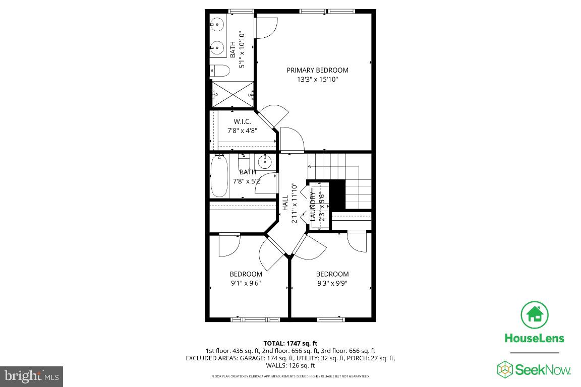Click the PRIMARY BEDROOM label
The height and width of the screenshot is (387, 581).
317,70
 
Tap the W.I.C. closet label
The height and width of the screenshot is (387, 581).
242,122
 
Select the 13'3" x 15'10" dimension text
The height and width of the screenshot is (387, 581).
317,80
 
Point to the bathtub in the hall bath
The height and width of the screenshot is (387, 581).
219,176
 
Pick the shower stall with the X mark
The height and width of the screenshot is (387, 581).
233,94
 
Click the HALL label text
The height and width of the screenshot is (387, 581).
285,203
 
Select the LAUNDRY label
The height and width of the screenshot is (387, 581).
313,206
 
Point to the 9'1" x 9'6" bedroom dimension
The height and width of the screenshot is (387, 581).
246,283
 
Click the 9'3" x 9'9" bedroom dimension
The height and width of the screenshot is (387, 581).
332,283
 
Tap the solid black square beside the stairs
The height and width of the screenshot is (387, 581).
337,195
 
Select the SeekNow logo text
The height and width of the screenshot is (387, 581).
542,370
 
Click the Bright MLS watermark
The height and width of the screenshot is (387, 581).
31,376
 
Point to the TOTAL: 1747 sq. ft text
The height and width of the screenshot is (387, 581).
290,343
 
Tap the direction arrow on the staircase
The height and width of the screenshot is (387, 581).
310,165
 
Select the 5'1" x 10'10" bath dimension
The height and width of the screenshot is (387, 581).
242,50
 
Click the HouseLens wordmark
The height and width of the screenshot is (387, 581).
535,339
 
